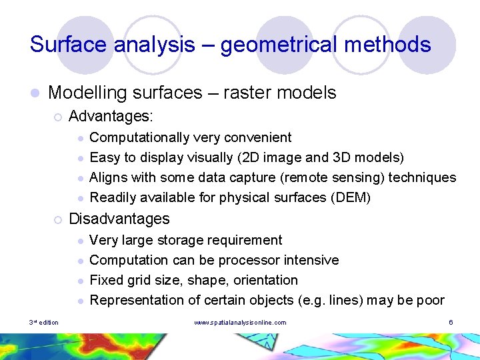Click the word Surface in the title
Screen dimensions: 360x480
tap(69, 45)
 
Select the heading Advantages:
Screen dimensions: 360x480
tap(111, 117)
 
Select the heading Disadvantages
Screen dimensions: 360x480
tap(119, 219)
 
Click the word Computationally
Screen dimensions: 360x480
tap(139, 138)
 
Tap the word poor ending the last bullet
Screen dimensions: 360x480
tap(430, 300)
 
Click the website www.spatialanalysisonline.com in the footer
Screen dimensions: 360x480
tap(239, 323)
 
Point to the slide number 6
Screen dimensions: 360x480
tap(451, 323)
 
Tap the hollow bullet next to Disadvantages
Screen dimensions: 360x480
tap(59, 219)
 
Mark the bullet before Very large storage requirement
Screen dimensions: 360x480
tap(79, 241)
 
